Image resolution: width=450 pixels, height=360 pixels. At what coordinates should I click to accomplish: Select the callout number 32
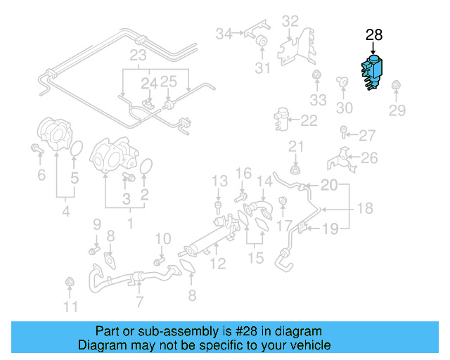point(290,21)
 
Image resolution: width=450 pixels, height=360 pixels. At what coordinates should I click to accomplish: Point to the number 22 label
point(309,121)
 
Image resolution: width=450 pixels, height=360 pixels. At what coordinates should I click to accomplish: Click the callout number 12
point(218,264)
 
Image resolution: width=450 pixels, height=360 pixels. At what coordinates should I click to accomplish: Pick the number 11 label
point(70,307)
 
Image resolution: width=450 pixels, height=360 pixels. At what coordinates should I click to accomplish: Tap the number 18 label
point(364,209)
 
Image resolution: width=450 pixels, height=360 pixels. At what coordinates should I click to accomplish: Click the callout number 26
point(369,157)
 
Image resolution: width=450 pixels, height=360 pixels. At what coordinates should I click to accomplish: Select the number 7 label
point(139,302)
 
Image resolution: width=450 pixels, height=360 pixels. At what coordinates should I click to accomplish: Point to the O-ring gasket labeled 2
point(146,167)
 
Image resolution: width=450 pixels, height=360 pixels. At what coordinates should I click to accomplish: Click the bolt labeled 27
point(343,131)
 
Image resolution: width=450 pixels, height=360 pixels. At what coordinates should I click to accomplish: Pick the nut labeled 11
point(70,283)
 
